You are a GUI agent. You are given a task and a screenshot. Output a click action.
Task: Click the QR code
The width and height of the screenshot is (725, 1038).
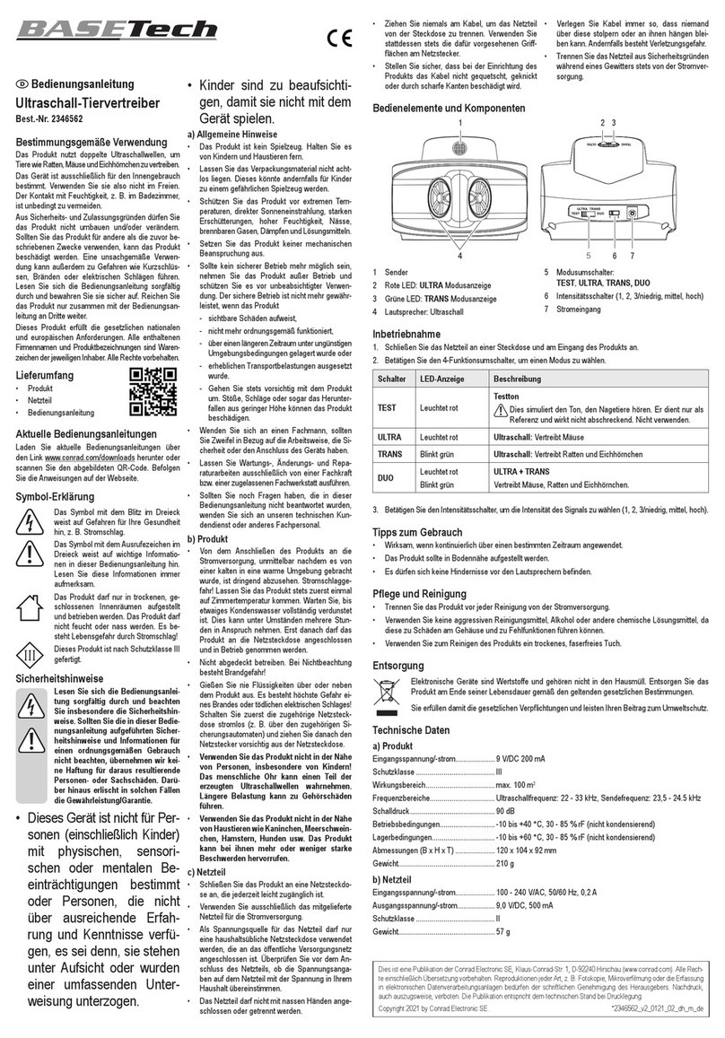coord(148,391)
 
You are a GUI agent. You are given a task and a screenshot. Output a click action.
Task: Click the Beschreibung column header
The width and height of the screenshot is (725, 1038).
coord(518,379)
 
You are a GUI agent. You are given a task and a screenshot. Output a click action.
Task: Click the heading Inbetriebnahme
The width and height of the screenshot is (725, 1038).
coord(411,334)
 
